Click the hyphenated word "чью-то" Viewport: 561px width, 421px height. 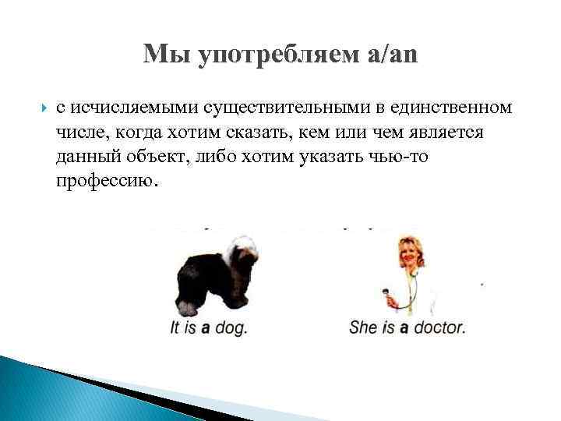397,157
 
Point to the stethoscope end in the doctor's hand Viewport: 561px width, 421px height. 385,294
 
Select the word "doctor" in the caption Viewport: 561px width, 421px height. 439,328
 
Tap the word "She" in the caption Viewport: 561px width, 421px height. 363,328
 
